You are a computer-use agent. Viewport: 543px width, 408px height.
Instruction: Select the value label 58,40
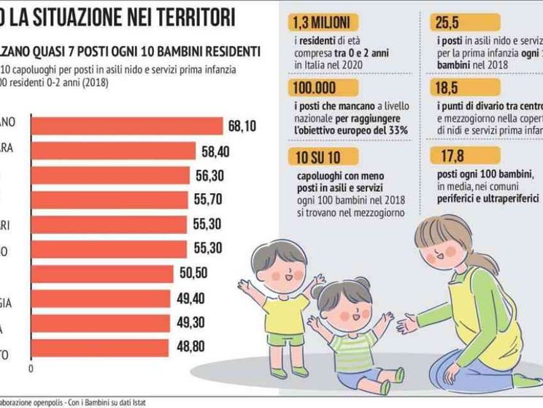point(216,151)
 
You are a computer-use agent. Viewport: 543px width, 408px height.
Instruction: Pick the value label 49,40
point(190,298)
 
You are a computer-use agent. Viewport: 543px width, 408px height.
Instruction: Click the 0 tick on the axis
point(31,368)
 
